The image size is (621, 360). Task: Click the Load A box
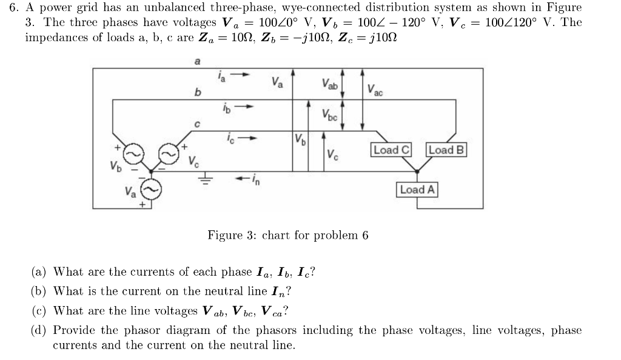point(417,190)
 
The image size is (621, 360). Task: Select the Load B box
point(447,150)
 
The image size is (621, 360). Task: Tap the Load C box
point(391,150)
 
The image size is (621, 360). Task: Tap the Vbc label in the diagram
point(331,113)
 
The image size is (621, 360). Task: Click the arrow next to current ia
point(241,75)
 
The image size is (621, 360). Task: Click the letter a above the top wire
point(196,61)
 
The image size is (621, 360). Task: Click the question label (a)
point(40,272)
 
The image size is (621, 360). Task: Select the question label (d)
point(40,330)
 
